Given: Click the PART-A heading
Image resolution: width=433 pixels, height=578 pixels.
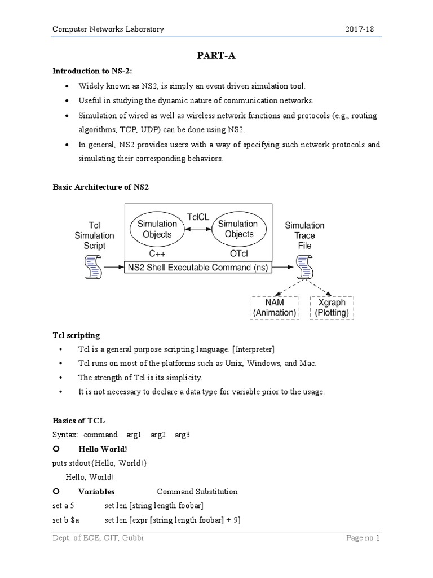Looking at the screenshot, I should coord(216,56).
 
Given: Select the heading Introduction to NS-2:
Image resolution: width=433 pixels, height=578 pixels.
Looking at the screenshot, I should coord(92,71).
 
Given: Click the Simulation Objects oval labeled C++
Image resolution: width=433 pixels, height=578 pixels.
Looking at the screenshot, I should coord(157,229).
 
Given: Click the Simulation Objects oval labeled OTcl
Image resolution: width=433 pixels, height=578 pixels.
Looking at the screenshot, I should coord(239,229).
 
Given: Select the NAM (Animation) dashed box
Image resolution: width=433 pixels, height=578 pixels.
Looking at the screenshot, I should coord(275,308).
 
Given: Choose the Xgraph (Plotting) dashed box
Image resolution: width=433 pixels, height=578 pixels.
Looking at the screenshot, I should coord(332,308).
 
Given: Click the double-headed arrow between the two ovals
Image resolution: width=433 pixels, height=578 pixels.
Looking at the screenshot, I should coord(198,229).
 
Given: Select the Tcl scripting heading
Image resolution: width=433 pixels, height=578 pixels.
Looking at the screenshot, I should coord(76,335).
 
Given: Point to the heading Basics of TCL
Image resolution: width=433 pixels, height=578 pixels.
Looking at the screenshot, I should coord(78,421).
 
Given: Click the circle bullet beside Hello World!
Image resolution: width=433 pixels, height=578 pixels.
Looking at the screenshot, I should coord(56,448).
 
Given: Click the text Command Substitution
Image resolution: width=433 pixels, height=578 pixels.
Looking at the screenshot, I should coord(197,492).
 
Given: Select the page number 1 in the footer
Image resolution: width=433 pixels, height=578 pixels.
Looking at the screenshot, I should coord(379,554).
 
